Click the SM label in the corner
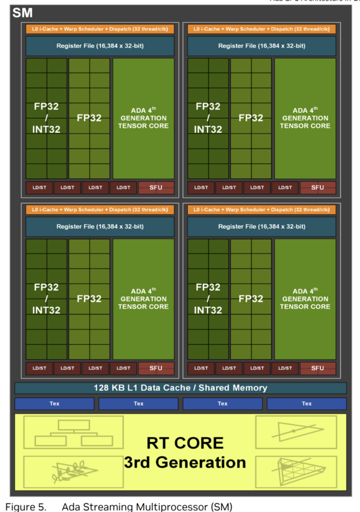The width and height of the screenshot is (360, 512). [x=22, y=13]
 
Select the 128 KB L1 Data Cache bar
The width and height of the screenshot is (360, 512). [x=180, y=388]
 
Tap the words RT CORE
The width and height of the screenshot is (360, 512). [x=185, y=443]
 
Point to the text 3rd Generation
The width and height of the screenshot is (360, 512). [x=185, y=462]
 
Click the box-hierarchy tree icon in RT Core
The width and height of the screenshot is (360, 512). [x=73, y=432]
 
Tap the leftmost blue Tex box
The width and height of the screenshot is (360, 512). [x=55, y=403]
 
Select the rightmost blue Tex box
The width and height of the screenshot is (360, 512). [x=307, y=403]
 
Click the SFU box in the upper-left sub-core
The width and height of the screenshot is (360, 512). [x=156, y=188]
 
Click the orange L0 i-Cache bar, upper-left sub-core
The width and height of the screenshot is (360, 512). [x=100, y=29]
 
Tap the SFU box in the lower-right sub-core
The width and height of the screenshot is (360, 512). [x=317, y=368]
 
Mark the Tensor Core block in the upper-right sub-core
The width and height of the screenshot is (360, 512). [x=304, y=118]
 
